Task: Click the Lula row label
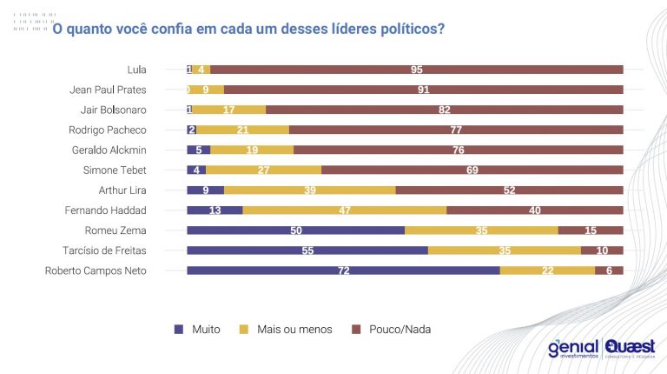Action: click(x=136, y=69)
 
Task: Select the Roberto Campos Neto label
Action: click(x=96, y=270)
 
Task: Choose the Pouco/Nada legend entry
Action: click(x=397, y=330)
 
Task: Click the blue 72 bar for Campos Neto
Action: click(x=343, y=270)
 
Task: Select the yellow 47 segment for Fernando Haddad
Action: click(x=344, y=210)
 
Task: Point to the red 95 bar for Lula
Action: click(x=417, y=69)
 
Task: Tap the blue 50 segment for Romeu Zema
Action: click(x=295, y=230)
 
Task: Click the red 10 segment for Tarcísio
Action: click(x=602, y=250)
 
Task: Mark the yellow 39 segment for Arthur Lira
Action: click(x=309, y=190)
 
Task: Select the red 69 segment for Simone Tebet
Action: click(x=472, y=170)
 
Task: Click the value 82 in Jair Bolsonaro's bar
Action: click(x=445, y=110)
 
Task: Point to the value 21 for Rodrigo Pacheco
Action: click(x=242, y=130)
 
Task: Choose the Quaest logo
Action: click(x=631, y=348)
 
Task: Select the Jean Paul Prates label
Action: click(x=108, y=89)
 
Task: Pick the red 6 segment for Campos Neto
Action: click(x=609, y=270)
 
